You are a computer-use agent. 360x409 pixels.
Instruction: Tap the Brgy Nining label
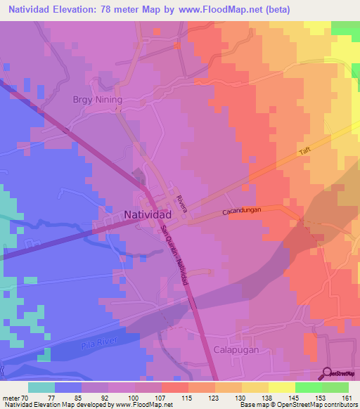98,100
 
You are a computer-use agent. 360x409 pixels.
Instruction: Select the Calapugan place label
237,349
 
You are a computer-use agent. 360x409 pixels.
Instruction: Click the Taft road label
305,150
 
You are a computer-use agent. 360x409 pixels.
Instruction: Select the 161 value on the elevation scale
346,397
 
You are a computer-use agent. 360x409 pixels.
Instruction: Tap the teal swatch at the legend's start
41,387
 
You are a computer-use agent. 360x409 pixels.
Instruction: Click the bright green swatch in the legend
308,387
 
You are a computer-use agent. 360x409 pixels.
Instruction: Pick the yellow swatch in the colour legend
281,387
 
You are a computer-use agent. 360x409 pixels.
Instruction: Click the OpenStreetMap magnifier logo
327,373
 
